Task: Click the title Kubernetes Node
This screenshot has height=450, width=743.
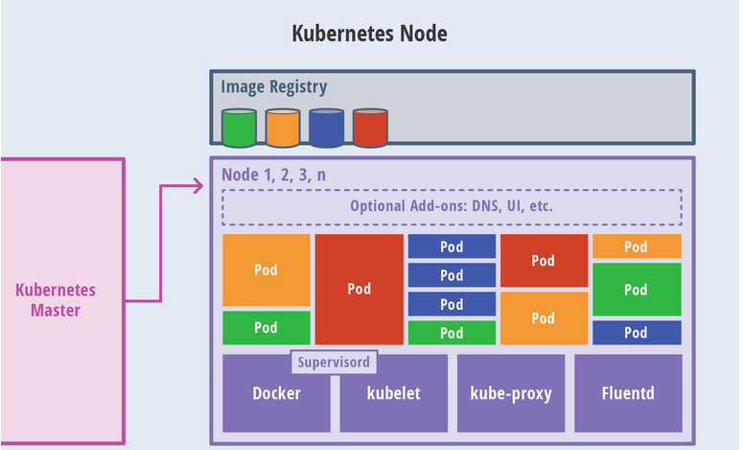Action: tap(369, 35)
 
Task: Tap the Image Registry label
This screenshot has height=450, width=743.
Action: tap(274, 87)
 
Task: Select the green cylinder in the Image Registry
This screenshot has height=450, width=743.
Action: tap(239, 128)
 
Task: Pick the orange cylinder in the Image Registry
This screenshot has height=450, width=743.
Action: tap(283, 128)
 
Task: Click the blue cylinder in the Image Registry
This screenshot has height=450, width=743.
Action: tap(326, 128)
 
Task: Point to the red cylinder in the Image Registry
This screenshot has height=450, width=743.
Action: tap(369, 128)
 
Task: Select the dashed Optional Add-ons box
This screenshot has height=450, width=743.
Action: tap(452, 206)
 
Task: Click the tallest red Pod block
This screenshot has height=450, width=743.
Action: tap(360, 289)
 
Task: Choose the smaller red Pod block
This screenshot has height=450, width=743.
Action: tap(544, 260)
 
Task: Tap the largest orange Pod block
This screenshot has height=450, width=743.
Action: tap(266, 270)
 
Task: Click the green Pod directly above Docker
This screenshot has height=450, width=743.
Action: tap(266, 328)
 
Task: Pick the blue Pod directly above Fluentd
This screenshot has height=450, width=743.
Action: tap(636, 333)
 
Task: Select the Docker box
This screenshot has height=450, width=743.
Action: tap(276, 393)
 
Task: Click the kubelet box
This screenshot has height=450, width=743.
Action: tap(393, 393)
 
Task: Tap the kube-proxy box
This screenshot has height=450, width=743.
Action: tap(510, 393)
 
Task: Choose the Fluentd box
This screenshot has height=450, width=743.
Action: tap(628, 393)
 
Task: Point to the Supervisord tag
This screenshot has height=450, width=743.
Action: tap(334, 364)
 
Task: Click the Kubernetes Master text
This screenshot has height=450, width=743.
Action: tap(56, 299)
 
